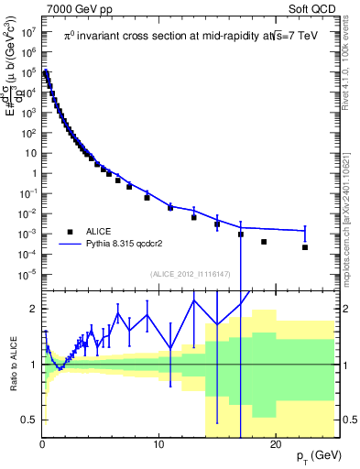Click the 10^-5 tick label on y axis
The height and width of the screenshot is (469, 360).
coord(28,273)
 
